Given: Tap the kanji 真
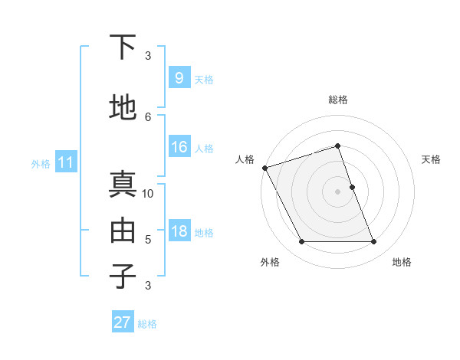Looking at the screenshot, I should pyautogui.click(x=123, y=185).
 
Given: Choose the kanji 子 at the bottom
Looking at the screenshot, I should pyautogui.click(x=123, y=276).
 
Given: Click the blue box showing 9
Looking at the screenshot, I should pyautogui.click(x=179, y=78).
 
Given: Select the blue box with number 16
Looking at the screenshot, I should pyautogui.click(x=179, y=147).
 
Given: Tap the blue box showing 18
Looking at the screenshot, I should pyautogui.click(x=179, y=231).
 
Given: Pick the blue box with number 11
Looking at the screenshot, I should pyautogui.click(x=65, y=162).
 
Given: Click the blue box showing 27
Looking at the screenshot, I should pyautogui.click(x=123, y=322).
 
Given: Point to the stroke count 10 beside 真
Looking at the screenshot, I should pyautogui.click(x=148, y=193).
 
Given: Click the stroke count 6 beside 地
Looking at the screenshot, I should pyautogui.click(x=148, y=116).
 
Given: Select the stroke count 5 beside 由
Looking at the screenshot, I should pyautogui.click(x=148, y=239).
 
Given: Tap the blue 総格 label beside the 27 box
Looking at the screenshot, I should pyautogui.click(x=147, y=324).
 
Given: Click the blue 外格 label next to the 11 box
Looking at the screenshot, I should pyautogui.click(x=41, y=163).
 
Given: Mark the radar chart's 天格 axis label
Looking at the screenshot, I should pyautogui.click(x=432, y=159).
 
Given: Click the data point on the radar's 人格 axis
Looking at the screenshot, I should pyautogui.click(x=264, y=168).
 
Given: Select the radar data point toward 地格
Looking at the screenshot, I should pyautogui.click(x=374, y=242).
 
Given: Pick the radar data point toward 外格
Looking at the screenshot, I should pyautogui.click(x=301, y=242).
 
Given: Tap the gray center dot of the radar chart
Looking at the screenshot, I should pyautogui.click(x=337, y=191).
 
